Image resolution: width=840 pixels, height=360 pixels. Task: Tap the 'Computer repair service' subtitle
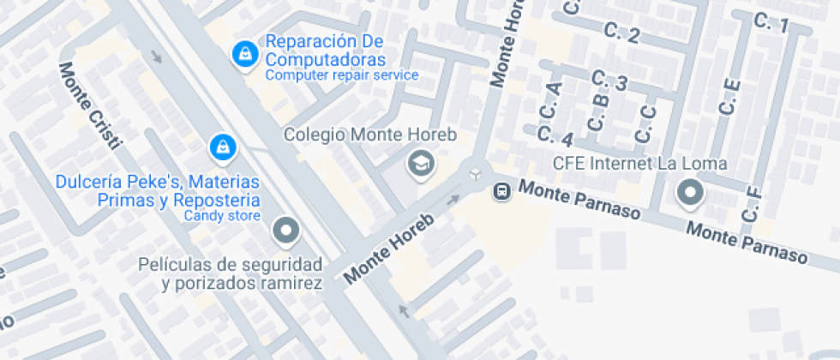[x=341, y=75]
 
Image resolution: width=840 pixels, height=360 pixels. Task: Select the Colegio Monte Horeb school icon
[x=421, y=162]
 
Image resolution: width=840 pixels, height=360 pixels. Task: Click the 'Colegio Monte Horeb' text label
[x=370, y=135]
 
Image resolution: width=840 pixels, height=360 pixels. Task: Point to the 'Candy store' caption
[x=221, y=215]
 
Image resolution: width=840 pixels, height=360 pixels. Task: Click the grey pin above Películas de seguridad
[x=285, y=231]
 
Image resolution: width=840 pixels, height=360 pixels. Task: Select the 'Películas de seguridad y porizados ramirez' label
[x=231, y=273]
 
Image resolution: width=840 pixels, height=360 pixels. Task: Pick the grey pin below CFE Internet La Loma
[x=690, y=194]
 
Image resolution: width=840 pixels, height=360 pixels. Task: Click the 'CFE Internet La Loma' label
[x=639, y=163]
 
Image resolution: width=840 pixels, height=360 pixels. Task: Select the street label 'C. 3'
[x=609, y=82]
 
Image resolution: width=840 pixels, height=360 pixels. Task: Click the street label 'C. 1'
[x=771, y=24]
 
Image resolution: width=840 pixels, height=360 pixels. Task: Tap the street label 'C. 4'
[x=555, y=135]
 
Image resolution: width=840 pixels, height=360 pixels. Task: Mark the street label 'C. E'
[x=729, y=97]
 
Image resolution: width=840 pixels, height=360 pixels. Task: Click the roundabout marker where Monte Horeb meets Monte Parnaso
[x=474, y=174]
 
